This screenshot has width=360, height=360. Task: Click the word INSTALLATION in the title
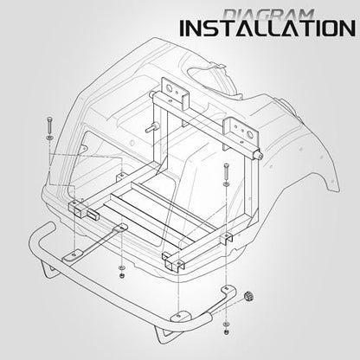(x=267, y=29)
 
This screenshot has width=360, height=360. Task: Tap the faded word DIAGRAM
(x=269, y=15)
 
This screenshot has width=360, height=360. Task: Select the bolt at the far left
(x=50, y=125)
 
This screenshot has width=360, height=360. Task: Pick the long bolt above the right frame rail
(x=226, y=171)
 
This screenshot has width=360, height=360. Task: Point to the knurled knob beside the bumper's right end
(x=247, y=296)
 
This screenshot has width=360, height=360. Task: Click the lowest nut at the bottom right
(x=227, y=331)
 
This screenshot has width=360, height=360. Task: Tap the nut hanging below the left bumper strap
(x=122, y=276)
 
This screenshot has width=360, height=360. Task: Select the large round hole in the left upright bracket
(x=169, y=87)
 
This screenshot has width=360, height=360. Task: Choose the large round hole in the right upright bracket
(x=250, y=133)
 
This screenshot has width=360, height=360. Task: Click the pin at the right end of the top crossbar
(x=260, y=156)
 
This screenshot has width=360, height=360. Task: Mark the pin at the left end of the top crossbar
(x=151, y=94)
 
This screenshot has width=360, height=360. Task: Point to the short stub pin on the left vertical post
(x=150, y=129)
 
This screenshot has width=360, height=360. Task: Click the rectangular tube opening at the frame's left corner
(x=93, y=214)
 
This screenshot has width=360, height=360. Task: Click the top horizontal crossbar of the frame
(x=205, y=123)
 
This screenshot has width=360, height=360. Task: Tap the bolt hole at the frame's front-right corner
(x=179, y=263)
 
